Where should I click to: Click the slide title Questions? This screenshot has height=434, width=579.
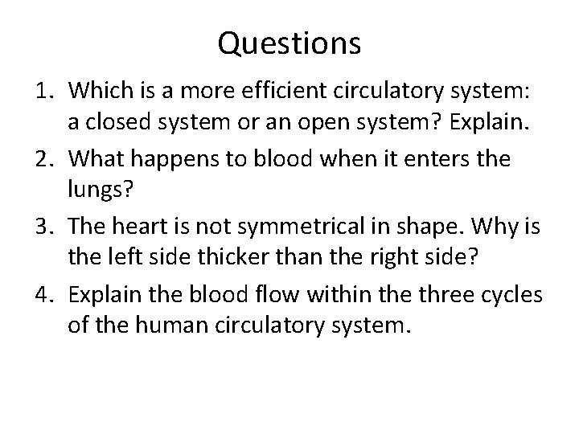tap(289, 44)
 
